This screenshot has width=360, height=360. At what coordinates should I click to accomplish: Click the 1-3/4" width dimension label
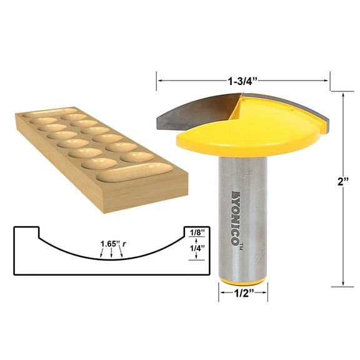(243, 80)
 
